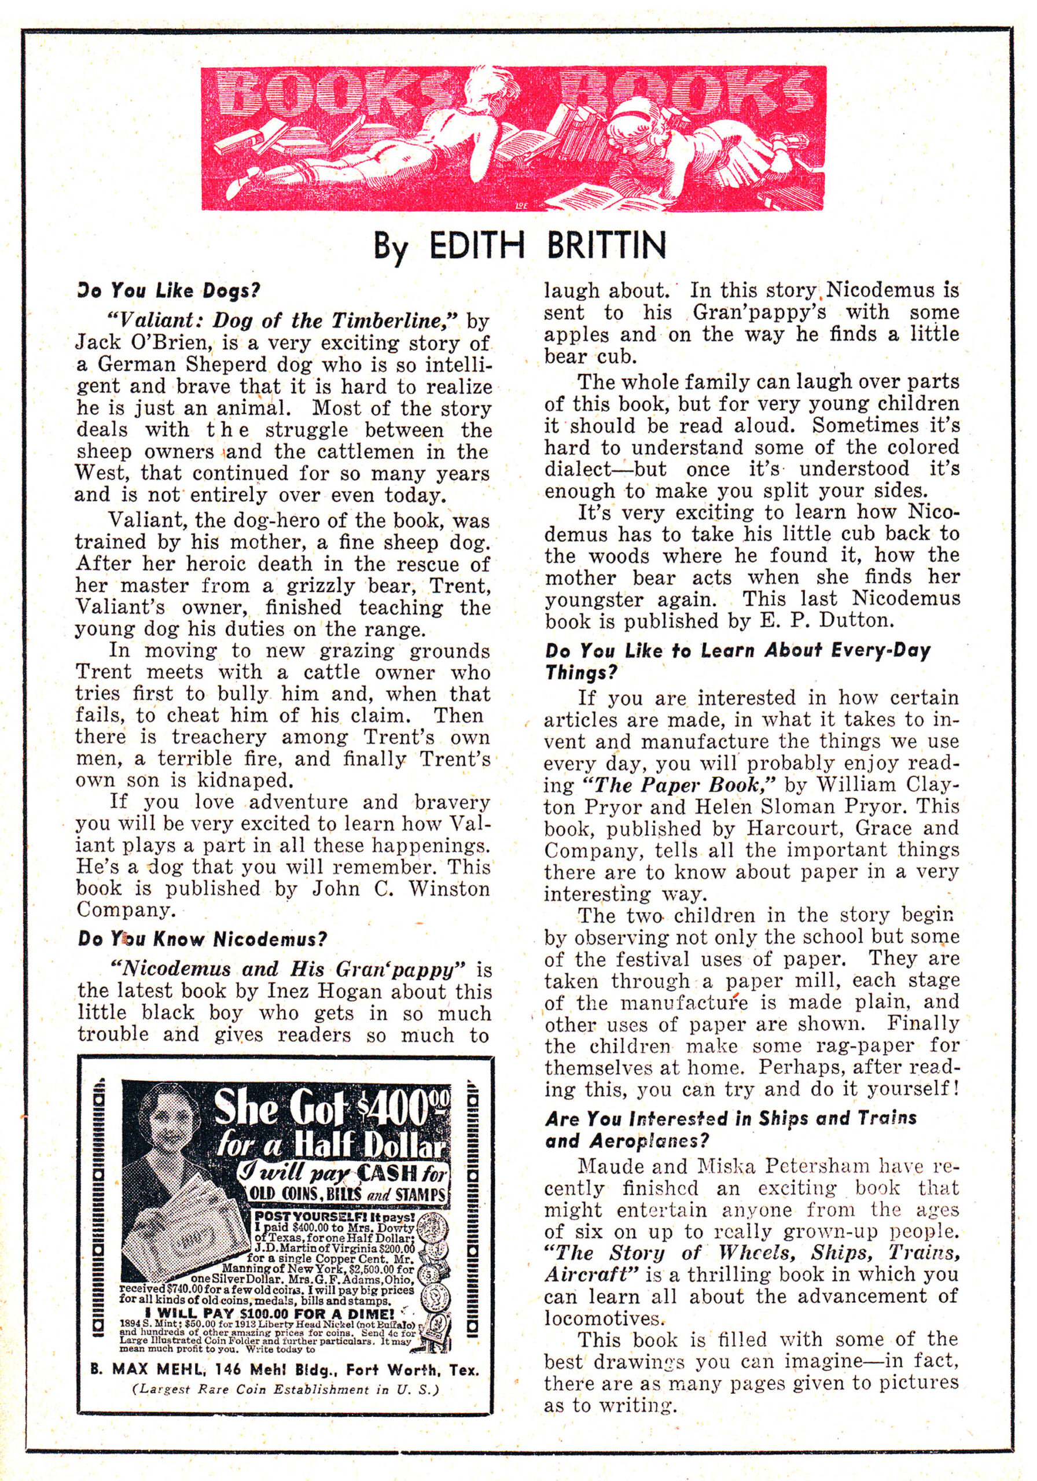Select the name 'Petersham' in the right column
[x=781, y=1166]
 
